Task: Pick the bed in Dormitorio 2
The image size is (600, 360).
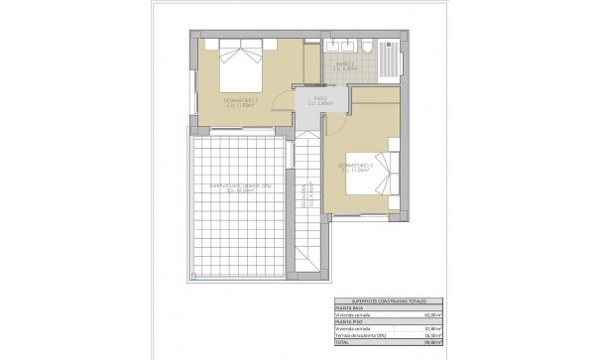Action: pos(240,64)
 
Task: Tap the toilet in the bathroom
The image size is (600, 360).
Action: pos(367,50)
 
